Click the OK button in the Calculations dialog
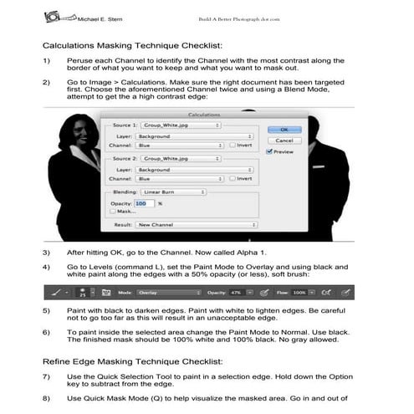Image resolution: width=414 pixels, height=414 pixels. point(284,130)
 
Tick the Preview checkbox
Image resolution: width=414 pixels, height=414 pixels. point(268,151)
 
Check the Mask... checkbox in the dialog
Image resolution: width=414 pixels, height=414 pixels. point(110,212)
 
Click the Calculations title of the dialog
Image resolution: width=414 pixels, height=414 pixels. point(203,112)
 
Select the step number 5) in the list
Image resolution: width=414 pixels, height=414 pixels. point(48,310)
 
